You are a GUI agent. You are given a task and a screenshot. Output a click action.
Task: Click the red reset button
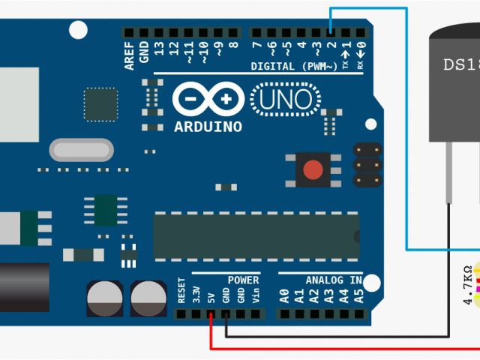click(313, 171)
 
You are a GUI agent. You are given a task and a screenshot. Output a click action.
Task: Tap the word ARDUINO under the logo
click(208, 127)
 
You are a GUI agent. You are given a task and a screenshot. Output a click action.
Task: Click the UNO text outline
click(284, 98)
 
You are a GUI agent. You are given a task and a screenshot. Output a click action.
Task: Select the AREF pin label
click(130, 55)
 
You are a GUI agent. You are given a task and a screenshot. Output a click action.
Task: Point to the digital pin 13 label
click(158, 52)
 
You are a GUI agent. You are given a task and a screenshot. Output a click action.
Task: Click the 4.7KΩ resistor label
click(468, 285)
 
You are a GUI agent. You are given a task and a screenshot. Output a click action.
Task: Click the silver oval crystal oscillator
click(81, 150)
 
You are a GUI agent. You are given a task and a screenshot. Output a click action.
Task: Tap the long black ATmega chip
click(256, 235)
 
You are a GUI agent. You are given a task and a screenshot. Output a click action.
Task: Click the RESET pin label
click(181, 291)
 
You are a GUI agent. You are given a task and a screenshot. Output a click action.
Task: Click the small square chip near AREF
click(100, 104)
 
